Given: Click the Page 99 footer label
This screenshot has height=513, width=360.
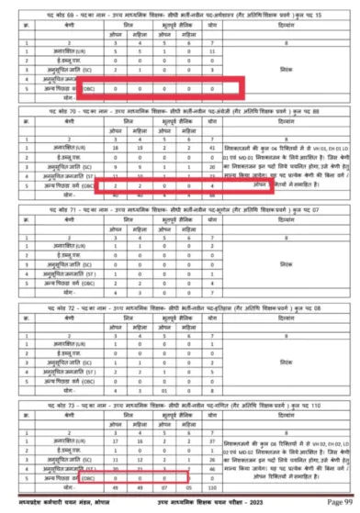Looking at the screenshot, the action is tap(336, 505).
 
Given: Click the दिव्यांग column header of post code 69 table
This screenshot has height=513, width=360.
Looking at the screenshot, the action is tap(292, 28).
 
